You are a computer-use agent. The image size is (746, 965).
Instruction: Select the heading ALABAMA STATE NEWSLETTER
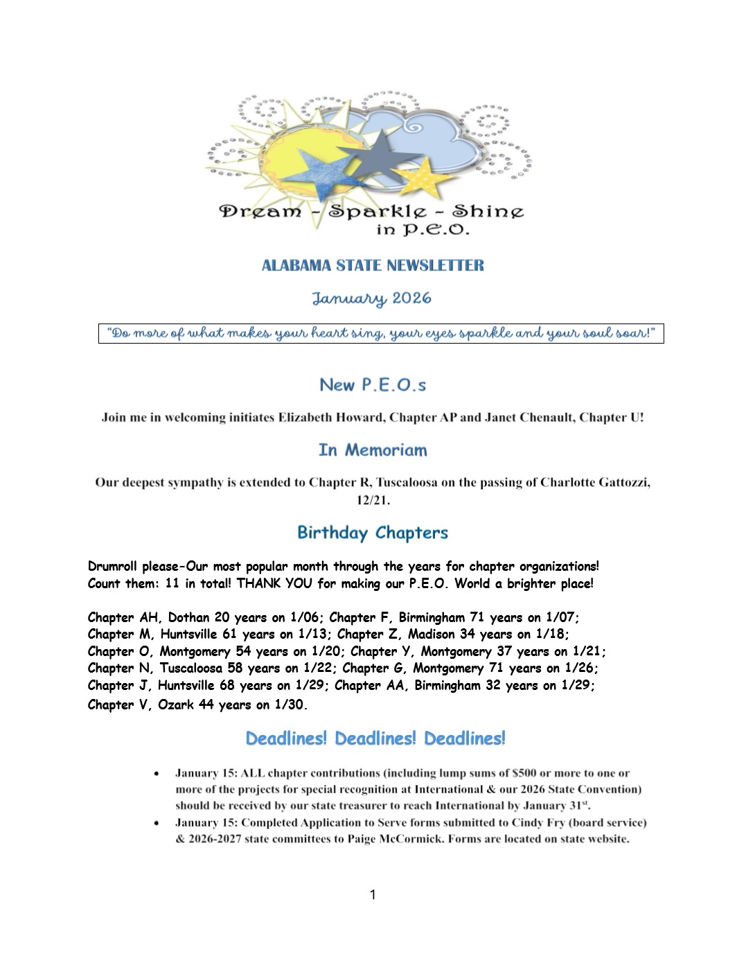coord(373,265)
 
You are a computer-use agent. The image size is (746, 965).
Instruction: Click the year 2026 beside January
coord(411,299)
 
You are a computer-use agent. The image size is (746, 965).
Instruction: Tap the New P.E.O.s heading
coord(373,385)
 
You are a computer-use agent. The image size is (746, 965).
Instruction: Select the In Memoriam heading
coord(373,450)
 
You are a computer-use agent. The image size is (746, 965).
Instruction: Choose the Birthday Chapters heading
coord(373,533)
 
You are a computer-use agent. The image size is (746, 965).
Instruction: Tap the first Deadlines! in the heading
coord(286,738)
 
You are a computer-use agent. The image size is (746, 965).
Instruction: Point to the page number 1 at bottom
coord(373,895)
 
